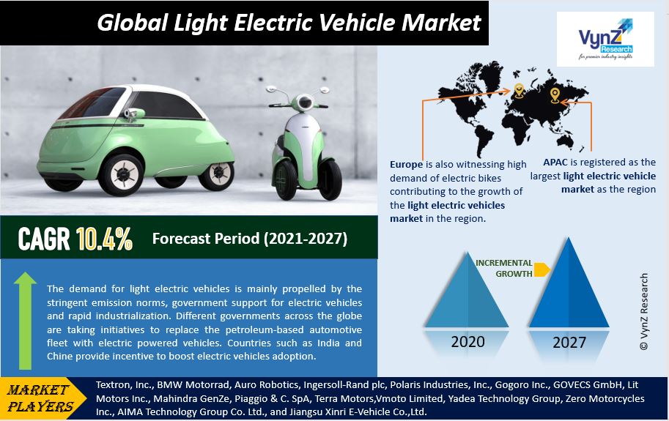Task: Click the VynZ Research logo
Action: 605,40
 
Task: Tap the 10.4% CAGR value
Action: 104,239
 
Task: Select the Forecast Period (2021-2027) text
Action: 250,239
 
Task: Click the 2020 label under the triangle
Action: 468,342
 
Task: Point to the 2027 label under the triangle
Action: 569,342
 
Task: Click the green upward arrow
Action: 25,321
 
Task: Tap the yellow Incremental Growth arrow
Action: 542,269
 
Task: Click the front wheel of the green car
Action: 122,174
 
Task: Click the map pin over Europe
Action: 519,90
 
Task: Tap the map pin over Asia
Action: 554,95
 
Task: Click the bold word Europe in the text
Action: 406,165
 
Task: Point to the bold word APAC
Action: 555,162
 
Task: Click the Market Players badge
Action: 41,398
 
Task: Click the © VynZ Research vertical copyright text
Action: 644,311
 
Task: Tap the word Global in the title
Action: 133,23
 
